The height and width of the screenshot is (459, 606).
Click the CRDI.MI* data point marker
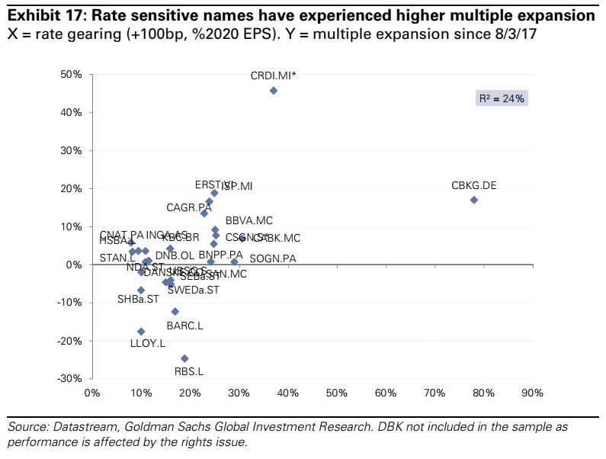click(274, 91)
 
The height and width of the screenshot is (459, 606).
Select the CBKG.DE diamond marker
click(473, 200)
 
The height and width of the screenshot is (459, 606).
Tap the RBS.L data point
click(184, 358)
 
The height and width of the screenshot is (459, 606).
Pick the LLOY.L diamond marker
click(141, 332)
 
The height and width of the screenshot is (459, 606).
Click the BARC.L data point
click(175, 311)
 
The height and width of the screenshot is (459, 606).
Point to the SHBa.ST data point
click(141, 290)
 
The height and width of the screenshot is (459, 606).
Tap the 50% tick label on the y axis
click(71, 74)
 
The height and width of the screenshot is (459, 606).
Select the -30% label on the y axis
click(69, 379)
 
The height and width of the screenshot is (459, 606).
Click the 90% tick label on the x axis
click(531, 393)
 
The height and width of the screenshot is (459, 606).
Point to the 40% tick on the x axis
click(287, 393)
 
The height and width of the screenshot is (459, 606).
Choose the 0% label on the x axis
click(91, 393)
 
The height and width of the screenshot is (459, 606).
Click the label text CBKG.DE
click(473, 185)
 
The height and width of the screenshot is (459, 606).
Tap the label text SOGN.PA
click(273, 259)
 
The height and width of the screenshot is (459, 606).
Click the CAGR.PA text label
click(189, 207)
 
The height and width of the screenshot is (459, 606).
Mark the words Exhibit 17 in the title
click(40, 15)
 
